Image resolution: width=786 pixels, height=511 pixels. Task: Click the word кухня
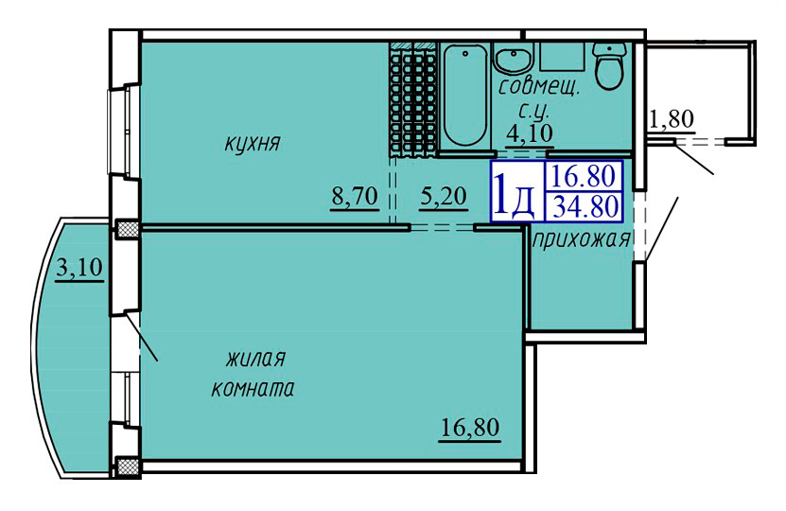(253, 145)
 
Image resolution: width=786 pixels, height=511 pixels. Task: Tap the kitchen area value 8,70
(355, 196)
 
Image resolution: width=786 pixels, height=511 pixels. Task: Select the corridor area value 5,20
(444, 196)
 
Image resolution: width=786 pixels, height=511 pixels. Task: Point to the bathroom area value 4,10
(530, 133)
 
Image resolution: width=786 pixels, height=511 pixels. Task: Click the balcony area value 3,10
(79, 268)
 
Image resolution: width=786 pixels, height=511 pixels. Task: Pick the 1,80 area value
(672, 119)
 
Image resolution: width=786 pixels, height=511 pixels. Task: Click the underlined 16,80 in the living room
(470, 428)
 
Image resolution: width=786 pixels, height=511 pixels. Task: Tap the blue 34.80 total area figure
(585, 206)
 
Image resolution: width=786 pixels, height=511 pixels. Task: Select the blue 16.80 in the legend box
(583, 176)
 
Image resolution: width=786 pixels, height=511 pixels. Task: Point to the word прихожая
(581, 240)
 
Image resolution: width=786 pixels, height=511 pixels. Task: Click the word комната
(253, 389)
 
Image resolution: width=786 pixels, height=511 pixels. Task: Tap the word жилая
(255, 360)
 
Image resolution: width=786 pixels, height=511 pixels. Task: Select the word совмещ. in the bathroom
(539, 88)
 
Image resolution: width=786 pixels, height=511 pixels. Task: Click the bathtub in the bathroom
(465, 95)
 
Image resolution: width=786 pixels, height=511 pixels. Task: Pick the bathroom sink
(514, 57)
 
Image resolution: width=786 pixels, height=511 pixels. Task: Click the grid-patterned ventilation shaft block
(413, 99)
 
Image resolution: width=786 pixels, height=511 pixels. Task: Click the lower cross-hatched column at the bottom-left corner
(128, 467)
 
